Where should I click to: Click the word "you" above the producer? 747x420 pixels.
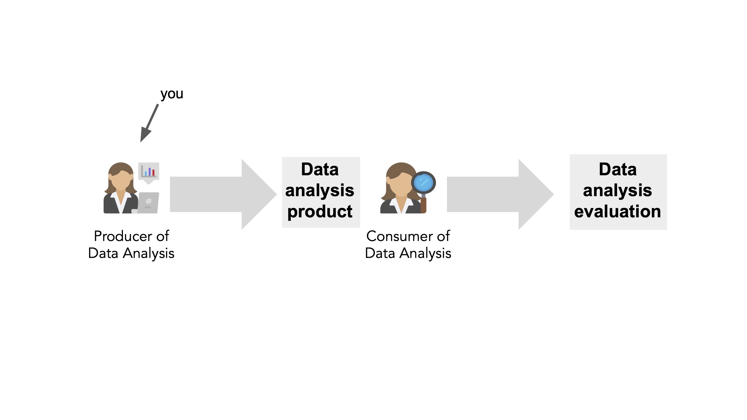[x=172, y=94]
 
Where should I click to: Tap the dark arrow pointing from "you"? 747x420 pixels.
[x=150, y=123]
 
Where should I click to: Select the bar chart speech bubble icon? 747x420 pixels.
[x=148, y=172]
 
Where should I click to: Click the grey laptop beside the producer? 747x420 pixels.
[x=148, y=203]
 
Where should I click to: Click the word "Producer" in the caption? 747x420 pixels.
[x=123, y=236]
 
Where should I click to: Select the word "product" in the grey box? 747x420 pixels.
[x=320, y=211]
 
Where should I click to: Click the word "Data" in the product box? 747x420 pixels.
[x=320, y=169]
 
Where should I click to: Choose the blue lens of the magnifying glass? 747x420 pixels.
[x=423, y=182]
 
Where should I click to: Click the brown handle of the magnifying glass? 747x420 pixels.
[x=423, y=205]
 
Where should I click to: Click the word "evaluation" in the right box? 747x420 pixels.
[x=618, y=211]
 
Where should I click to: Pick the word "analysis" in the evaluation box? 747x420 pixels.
[x=618, y=190]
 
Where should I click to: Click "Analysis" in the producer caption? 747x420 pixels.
[x=148, y=253]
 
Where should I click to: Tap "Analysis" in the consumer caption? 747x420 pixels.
[x=425, y=253]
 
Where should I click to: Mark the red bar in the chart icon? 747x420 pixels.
[x=153, y=173]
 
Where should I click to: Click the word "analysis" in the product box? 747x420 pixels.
[x=320, y=190]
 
